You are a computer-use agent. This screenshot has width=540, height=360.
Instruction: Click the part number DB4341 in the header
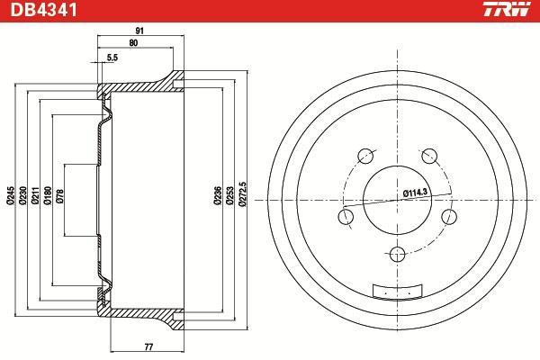(44, 10)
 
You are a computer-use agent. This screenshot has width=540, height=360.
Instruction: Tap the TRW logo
(507, 9)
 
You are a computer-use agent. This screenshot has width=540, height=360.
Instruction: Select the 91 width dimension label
(139, 31)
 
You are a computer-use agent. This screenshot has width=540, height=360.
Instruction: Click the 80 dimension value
(133, 43)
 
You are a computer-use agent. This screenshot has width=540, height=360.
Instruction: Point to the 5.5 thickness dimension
(112, 58)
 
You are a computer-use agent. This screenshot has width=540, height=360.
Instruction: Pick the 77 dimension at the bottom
(148, 346)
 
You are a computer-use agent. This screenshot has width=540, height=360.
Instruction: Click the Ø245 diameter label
(10, 195)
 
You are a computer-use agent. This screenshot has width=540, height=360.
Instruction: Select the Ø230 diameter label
(22, 195)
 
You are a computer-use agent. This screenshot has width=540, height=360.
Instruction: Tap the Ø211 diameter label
(35, 195)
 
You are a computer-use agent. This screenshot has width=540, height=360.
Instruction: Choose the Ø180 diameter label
(48, 195)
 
